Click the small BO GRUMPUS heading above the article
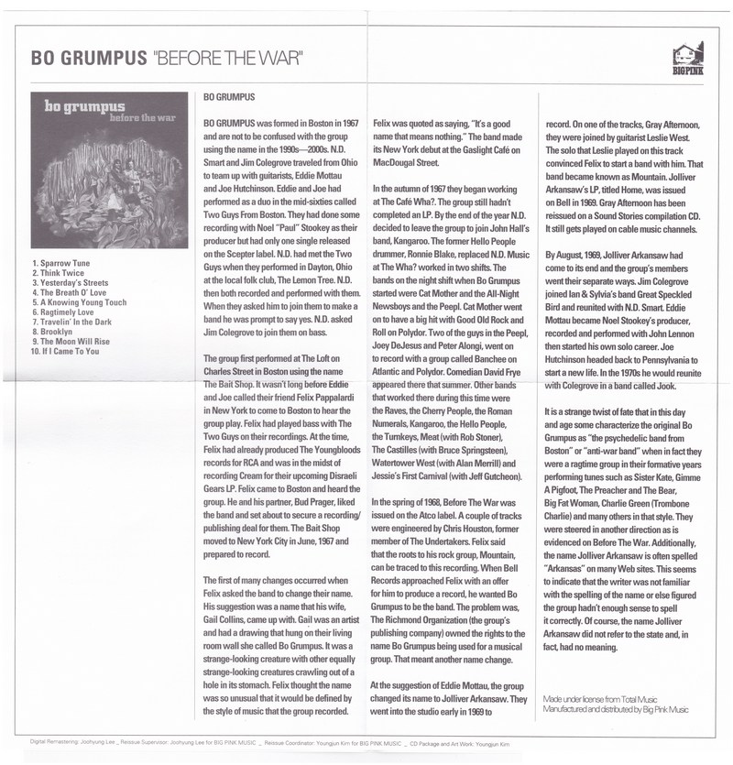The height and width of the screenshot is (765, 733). pyautogui.click(x=229, y=96)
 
